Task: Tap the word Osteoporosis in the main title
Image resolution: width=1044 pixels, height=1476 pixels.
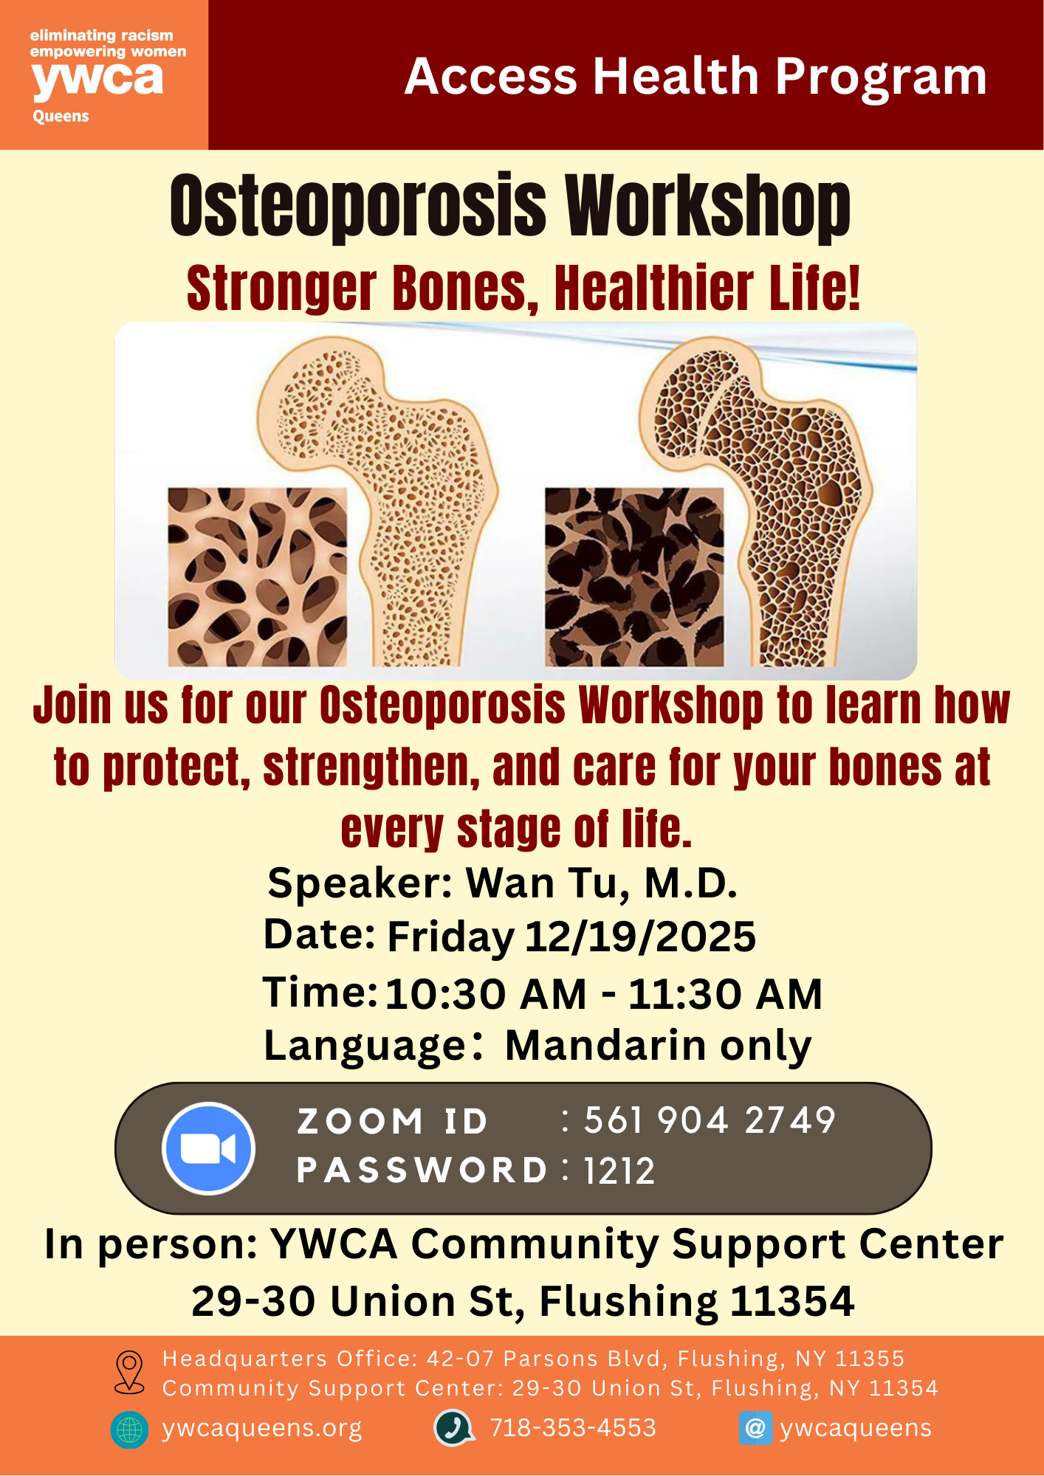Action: point(358,207)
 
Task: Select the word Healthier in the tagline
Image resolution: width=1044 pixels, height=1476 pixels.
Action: point(654,288)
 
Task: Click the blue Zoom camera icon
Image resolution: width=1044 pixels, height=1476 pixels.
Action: point(209,1148)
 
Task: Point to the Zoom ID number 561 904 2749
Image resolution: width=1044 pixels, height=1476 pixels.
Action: point(710,1120)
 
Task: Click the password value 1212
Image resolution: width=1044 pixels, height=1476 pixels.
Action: point(619,1170)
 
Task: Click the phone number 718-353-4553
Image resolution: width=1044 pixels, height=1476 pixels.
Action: point(573,1428)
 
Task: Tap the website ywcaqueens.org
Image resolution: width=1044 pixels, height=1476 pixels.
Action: point(262,1429)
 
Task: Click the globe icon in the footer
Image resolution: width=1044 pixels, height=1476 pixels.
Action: point(129,1430)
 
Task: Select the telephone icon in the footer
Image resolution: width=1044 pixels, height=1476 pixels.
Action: point(453,1428)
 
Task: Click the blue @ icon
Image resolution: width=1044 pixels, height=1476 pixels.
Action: point(755,1429)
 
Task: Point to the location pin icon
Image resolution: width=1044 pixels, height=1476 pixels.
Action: point(130,1373)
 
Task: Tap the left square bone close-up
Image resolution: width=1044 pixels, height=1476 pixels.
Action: point(257,577)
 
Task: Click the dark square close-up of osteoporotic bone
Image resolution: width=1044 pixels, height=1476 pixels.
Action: point(634,577)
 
